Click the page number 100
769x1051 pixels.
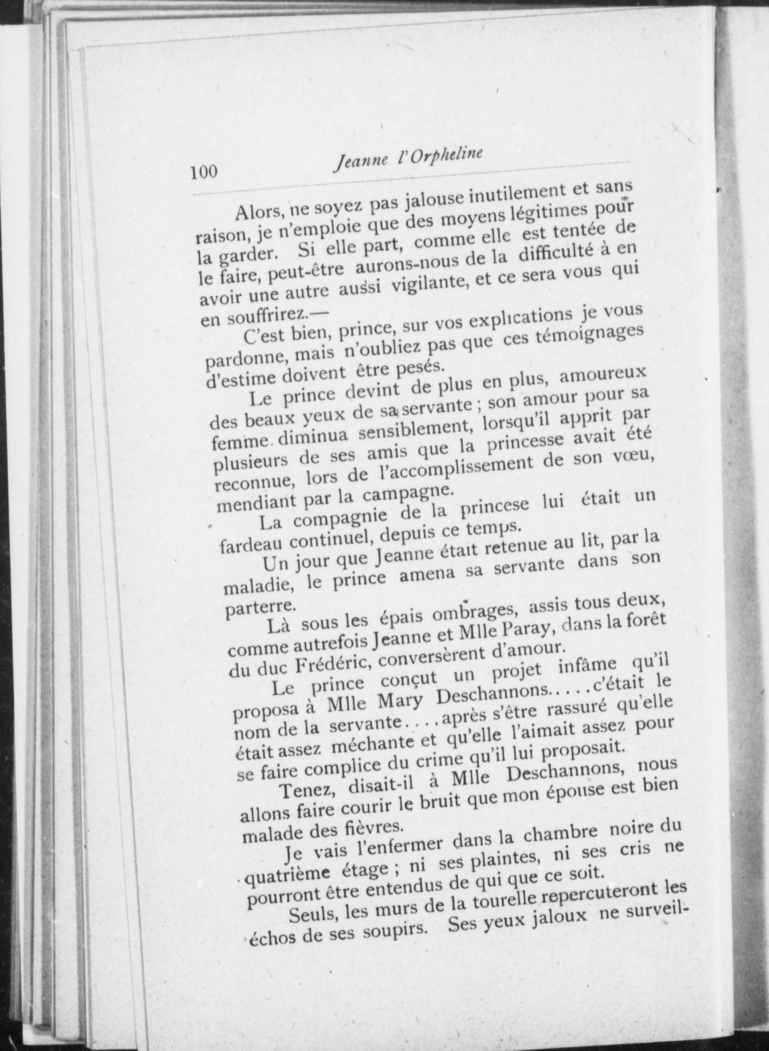click(204, 172)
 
